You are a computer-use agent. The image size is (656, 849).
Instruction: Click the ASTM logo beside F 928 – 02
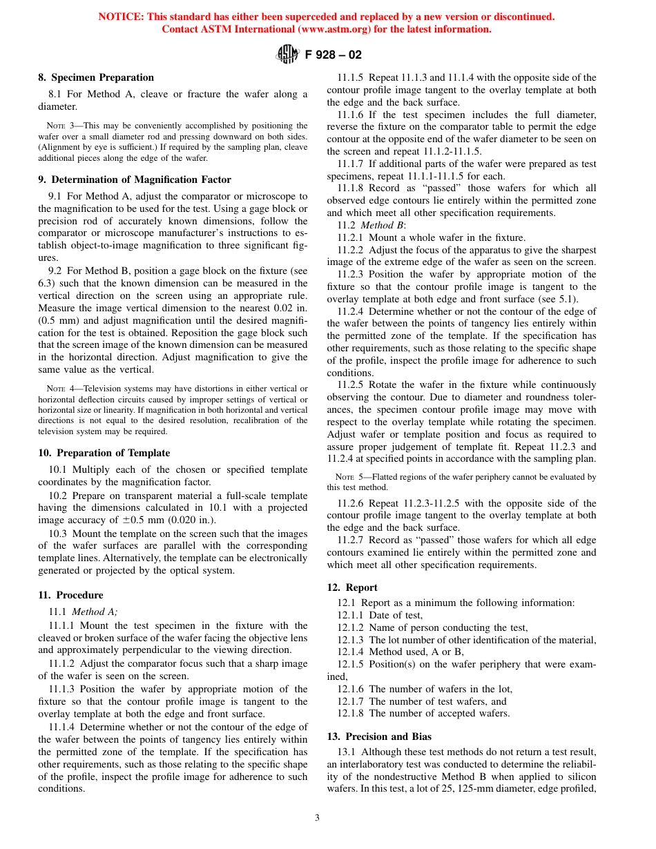click(x=287, y=54)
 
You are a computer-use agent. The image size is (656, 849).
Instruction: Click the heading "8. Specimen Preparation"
click(x=96, y=77)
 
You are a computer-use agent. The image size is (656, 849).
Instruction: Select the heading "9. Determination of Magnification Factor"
click(x=135, y=179)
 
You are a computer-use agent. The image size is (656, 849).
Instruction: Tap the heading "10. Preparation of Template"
click(x=104, y=453)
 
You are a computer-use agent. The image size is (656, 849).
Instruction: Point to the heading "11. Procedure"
click(x=70, y=595)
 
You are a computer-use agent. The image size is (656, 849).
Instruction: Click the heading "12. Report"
click(x=352, y=587)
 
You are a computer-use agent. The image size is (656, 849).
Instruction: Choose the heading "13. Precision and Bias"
click(x=378, y=736)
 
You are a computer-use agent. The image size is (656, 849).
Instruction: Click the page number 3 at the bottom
click(x=317, y=818)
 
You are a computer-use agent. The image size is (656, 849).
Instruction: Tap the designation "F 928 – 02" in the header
click(x=334, y=55)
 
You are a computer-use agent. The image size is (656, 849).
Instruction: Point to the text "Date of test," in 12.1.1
click(x=396, y=615)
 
